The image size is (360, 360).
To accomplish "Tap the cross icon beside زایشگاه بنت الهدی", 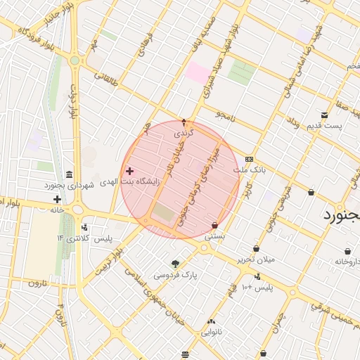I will click(x=129, y=171).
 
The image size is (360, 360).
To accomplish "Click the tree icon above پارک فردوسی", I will click(x=175, y=264).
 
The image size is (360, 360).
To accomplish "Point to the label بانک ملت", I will click(x=251, y=169).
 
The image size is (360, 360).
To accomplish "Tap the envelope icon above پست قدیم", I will click(x=324, y=115).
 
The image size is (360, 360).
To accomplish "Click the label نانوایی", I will click(x=210, y=332).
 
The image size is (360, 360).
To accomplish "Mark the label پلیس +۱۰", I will click(x=257, y=288).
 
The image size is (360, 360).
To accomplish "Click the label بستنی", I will click(x=214, y=237).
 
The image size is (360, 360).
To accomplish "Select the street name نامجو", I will click(x=229, y=114).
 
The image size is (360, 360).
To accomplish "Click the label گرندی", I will click(x=184, y=132).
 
